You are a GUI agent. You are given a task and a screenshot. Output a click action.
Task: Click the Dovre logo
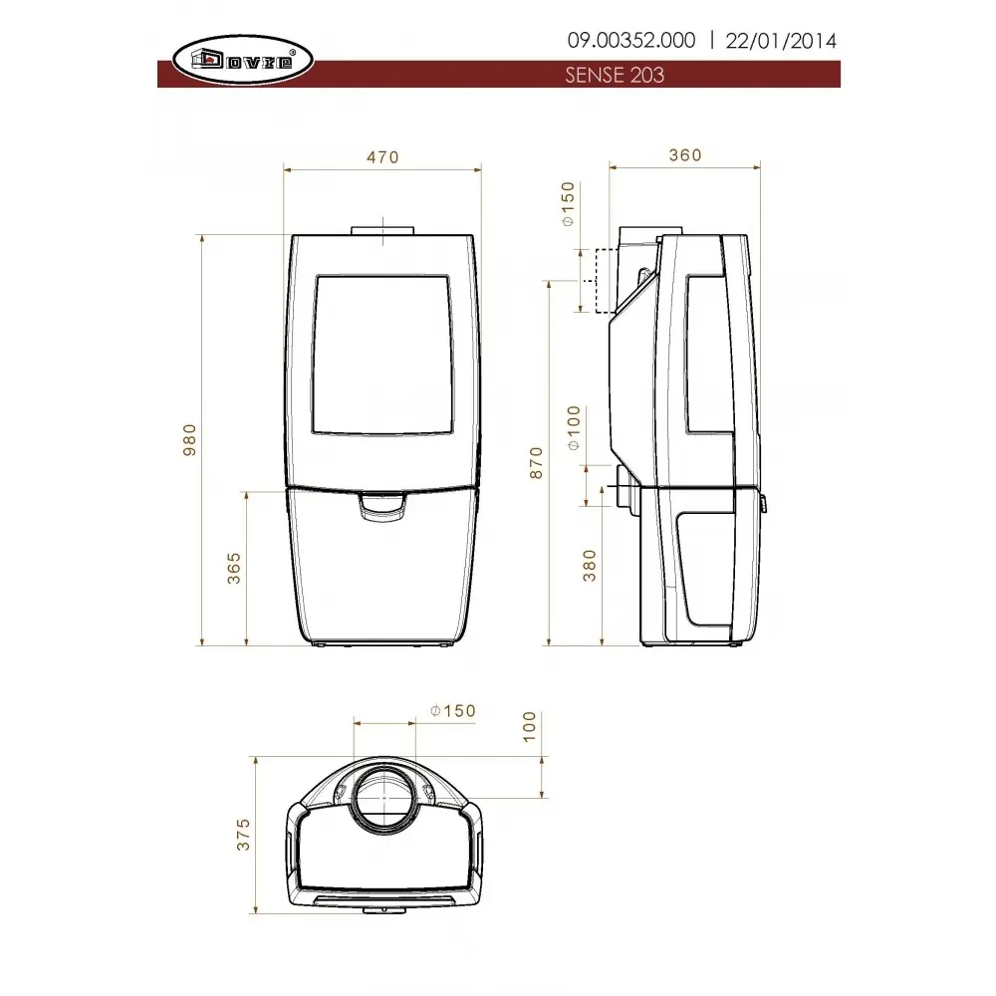tap(243, 61)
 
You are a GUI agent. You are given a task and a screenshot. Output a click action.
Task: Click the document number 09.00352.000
tap(631, 41)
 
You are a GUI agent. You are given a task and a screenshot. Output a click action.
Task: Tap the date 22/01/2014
tap(781, 41)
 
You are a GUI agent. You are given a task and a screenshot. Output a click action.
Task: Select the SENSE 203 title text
tap(615, 75)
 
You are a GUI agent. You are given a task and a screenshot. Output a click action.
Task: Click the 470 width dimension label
tap(382, 157)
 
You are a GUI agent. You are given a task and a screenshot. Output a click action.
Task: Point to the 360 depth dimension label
tap(685, 155)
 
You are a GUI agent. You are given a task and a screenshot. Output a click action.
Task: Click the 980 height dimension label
tap(189, 439)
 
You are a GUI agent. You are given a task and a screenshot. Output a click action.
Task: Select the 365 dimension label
tap(234, 568)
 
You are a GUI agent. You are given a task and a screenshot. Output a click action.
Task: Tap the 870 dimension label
tap(537, 463)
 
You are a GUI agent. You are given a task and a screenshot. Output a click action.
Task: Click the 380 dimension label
tap(590, 566)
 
